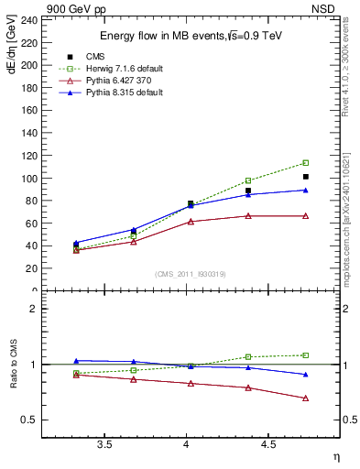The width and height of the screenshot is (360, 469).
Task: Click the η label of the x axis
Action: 336,456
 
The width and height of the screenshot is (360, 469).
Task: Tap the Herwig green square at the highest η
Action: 306,163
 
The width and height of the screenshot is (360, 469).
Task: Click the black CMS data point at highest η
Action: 306,177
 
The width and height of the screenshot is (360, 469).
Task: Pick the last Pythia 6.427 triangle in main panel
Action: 306,216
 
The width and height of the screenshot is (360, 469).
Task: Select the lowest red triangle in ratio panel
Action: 306,398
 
